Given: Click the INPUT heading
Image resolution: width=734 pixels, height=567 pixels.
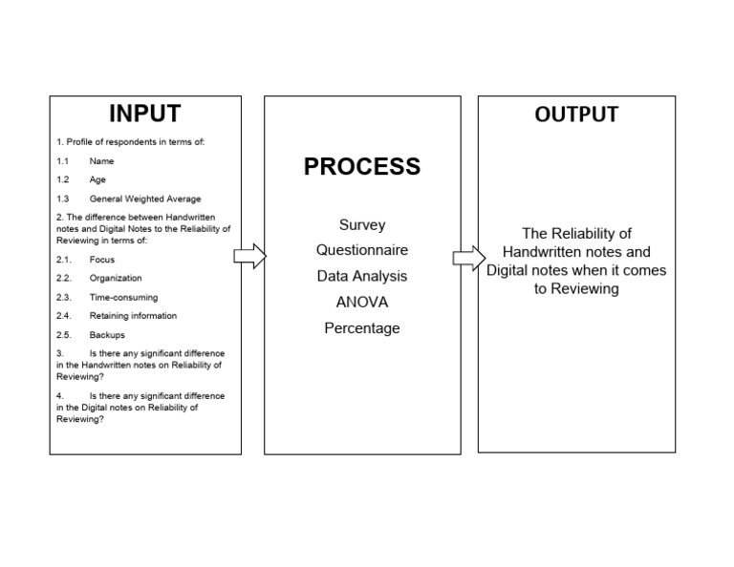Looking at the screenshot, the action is click(x=144, y=114).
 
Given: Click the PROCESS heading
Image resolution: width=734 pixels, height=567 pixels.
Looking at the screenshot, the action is click(x=361, y=166).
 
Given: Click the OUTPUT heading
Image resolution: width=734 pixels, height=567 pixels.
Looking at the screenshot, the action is click(x=576, y=115).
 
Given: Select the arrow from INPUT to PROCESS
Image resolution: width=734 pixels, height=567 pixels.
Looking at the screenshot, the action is click(x=249, y=256).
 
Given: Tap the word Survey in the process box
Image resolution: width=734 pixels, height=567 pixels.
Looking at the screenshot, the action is click(x=362, y=225).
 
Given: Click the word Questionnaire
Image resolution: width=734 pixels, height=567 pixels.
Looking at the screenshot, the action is click(x=362, y=250).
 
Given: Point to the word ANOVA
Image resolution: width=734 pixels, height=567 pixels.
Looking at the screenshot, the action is click(x=362, y=302).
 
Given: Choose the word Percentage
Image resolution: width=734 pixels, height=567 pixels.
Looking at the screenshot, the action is click(x=362, y=328).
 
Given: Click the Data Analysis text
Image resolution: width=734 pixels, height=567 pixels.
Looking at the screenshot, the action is click(x=362, y=276).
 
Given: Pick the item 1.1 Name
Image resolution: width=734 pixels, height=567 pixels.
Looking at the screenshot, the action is click(x=101, y=161).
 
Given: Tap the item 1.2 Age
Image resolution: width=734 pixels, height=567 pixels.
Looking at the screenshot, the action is click(x=97, y=179).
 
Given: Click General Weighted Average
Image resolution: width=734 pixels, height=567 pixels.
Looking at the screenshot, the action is click(x=145, y=199).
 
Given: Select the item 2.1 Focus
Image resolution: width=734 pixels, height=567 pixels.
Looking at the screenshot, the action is click(x=101, y=260).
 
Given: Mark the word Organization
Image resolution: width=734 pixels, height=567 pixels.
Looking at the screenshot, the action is click(x=116, y=279).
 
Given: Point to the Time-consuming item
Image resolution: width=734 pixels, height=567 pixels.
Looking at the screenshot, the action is click(x=119, y=297).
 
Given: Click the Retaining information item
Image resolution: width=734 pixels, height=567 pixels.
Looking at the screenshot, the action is click(x=133, y=316).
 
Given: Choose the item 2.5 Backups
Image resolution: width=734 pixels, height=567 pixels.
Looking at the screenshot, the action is click(x=107, y=335).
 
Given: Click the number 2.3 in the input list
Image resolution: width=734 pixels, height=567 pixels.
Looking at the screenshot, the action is click(x=64, y=297).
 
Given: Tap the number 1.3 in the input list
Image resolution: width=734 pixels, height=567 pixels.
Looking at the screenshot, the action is click(x=62, y=199).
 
